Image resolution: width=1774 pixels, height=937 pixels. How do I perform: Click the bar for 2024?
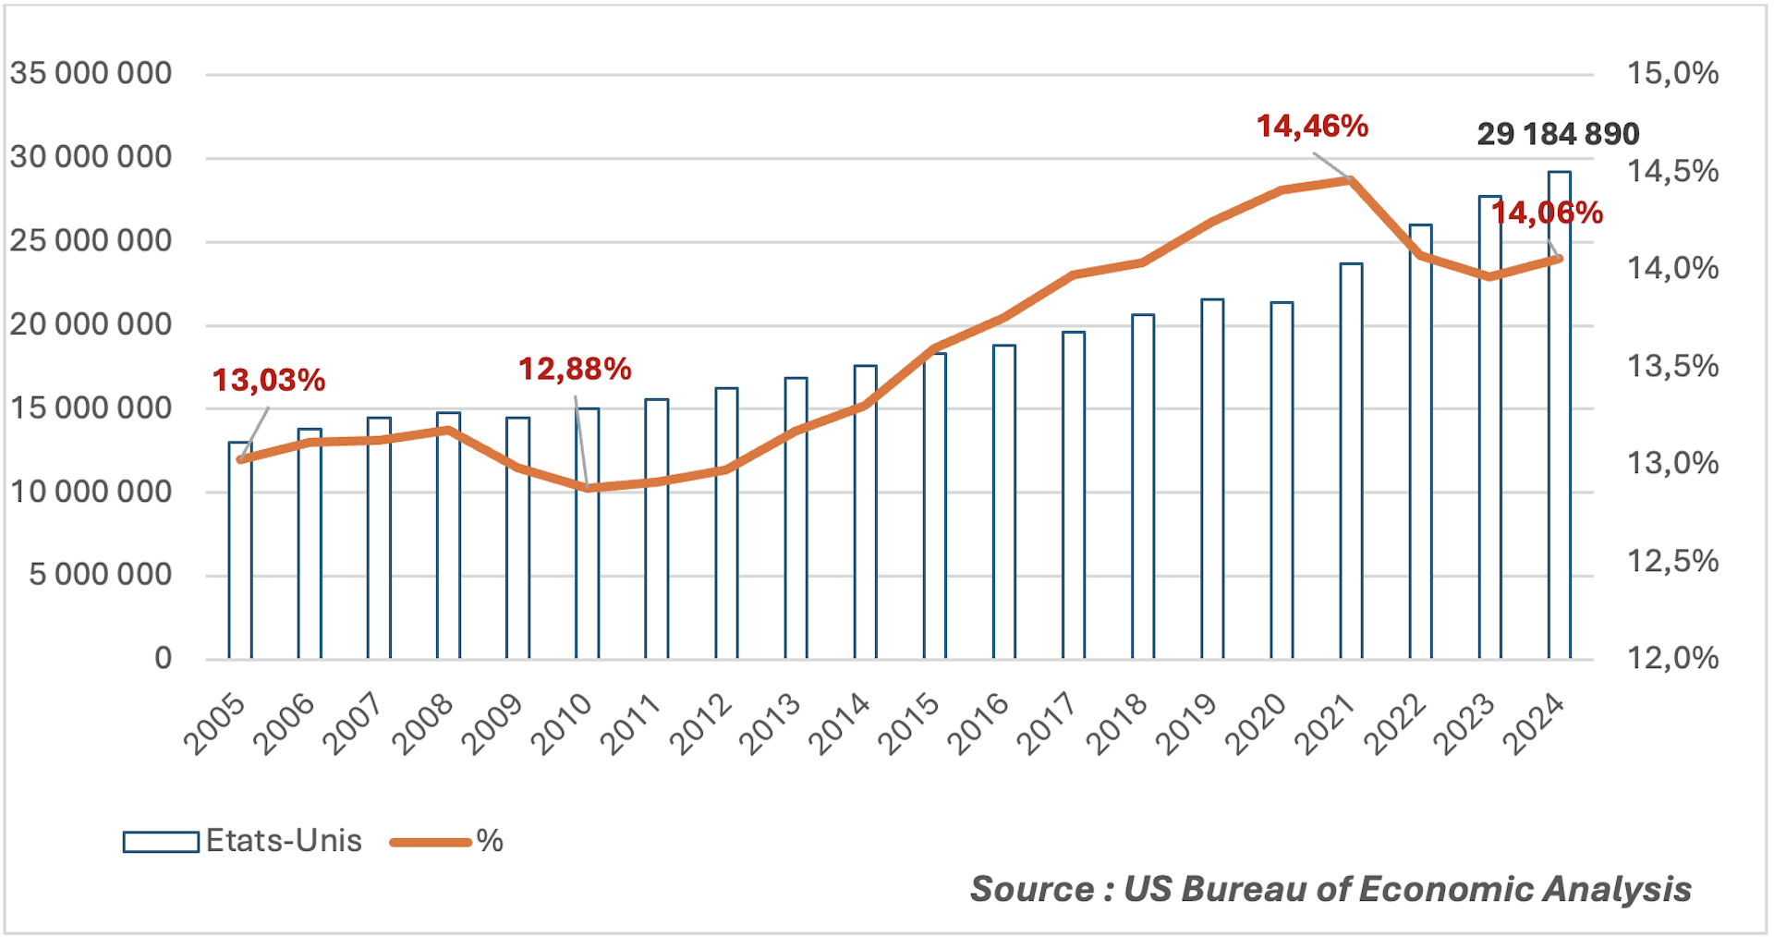pyautogui.click(x=1559, y=416)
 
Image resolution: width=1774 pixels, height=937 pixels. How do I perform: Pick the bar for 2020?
pyautogui.click(x=1282, y=481)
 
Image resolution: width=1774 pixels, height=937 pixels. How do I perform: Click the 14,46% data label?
pyautogui.click(x=1312, y=127)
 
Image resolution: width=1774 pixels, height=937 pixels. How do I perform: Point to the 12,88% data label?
pyautogui.click(x=575, y=370)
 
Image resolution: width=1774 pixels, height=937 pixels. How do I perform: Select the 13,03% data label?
pyautogui.click(x=269, y=380)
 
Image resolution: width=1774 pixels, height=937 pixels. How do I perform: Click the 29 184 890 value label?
pyautogui.click(x=1558, y=135)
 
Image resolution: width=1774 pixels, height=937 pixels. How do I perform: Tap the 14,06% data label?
pyautogui.click(x=1547, y=213)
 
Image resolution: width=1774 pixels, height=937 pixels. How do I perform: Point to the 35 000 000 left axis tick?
pyautogui.click(x=91, y=74)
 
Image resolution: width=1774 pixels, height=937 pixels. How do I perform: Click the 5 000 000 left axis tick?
pyautogui.click(x=100, y=575)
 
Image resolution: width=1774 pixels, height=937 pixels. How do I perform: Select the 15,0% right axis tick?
pyautogui.click(x=1672, y=74)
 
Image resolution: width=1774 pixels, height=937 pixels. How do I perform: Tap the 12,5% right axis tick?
pyautogui.click(x=1672, y=561)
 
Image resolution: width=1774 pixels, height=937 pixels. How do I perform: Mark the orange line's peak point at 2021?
pyautogui.click(x=1350, y=180)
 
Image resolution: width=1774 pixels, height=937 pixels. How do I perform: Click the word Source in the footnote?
pyautogui.click(x=1032, y=889)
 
